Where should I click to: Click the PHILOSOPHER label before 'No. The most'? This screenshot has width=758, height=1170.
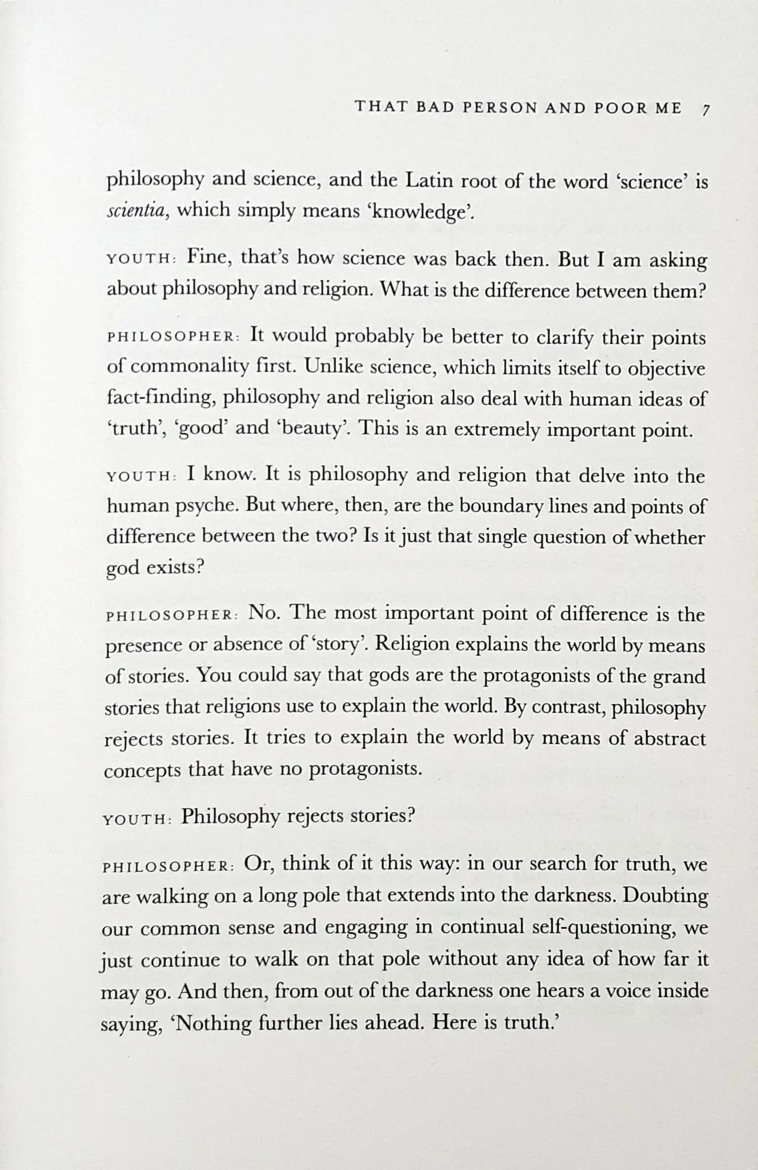[172, 616]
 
